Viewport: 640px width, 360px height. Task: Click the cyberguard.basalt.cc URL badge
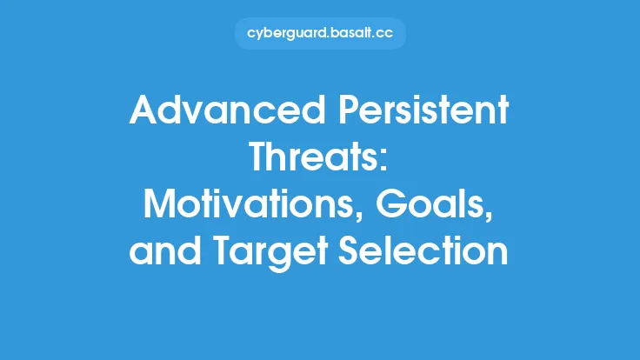(320, 33)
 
